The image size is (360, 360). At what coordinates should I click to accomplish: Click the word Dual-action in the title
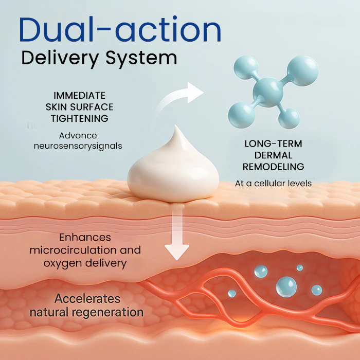pos(120,29)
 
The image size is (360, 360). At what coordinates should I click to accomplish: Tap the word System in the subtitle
pos(141,58)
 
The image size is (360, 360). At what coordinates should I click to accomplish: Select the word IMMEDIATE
pos(79,95)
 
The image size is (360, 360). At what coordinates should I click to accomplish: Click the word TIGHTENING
pos(79,118)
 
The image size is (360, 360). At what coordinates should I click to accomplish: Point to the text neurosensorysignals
pos(78,146)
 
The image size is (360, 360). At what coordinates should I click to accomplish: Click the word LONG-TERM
pos(273,143)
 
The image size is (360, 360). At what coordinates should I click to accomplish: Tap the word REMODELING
pos(273,167)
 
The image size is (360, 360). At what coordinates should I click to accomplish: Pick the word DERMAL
pos(273,155)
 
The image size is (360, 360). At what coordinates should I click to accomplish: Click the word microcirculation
pos(74,250)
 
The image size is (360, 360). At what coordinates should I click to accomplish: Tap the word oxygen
pos(60,263)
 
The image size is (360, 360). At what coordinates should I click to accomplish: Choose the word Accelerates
pos(87,299)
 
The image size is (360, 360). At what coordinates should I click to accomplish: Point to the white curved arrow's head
pos(195,93)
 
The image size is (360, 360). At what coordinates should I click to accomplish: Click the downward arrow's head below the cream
pos(177,252)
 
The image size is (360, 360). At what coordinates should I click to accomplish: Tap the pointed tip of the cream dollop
pos(176,126)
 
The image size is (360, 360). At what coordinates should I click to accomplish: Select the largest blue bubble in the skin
pos(286,287)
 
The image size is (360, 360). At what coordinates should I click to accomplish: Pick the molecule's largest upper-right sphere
pos(302,71)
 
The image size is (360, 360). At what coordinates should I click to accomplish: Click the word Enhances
pos(85,238)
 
